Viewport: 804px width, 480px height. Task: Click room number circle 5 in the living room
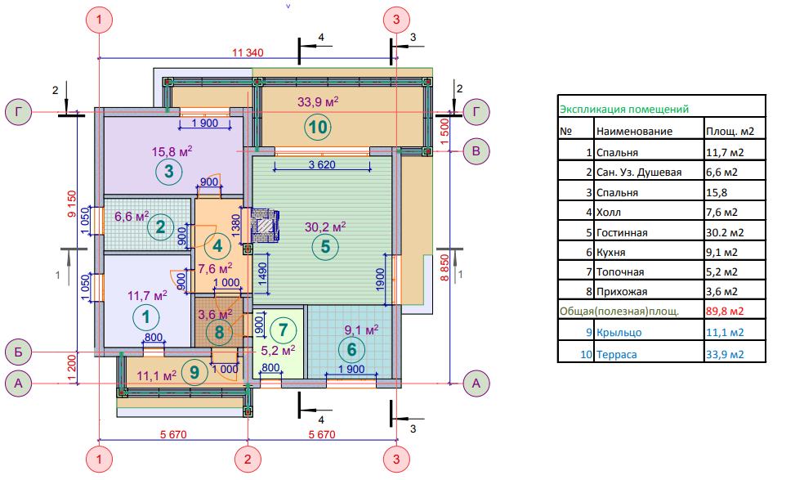click(x=324, y=246)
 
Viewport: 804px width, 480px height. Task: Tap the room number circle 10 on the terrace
click(x=318, y=127)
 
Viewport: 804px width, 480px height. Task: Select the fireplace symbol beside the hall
click(x=266, y=225)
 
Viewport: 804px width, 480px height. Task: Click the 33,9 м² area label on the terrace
click(x=318, y=102)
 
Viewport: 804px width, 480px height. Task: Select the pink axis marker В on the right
click(x=476, y=150)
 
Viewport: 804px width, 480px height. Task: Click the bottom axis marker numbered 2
click(x=247, y=459)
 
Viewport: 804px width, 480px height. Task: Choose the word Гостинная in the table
click(x=622, y=233)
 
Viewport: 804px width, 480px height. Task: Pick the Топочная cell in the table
click(x=620, y=272)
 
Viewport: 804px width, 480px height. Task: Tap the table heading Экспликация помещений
click(x=623, y=109)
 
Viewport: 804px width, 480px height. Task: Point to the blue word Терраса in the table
click(x=617, y=354)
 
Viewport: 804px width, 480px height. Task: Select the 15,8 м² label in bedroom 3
click(x=172, y=150)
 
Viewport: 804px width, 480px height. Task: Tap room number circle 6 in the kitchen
click(x=352, y=349)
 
